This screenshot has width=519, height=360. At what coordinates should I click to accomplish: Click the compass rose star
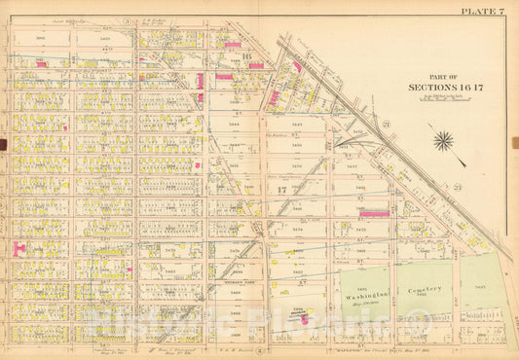444,142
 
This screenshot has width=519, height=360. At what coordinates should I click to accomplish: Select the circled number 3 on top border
127,20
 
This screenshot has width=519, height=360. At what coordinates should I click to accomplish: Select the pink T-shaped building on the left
17,249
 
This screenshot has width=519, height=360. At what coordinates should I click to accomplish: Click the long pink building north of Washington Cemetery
374,213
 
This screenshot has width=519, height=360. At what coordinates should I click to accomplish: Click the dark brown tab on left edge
3,145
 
